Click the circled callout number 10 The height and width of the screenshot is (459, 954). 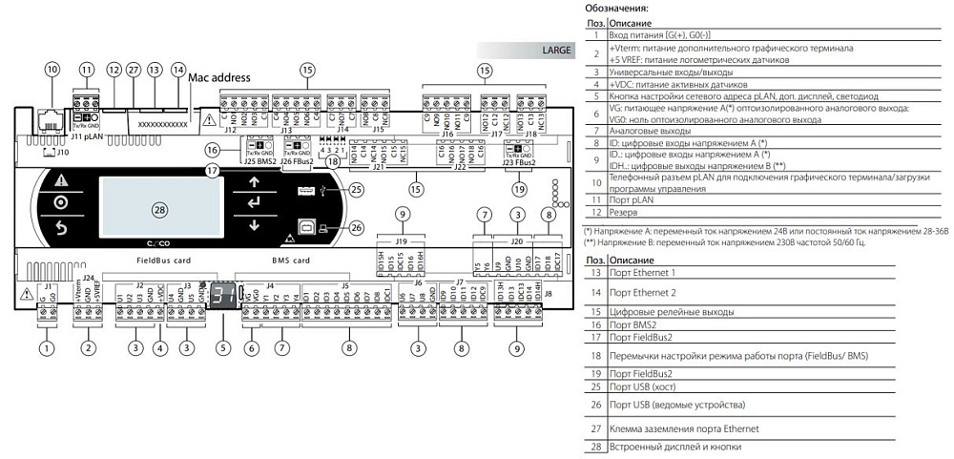[x=52, y=70]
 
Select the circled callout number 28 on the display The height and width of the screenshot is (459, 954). [x=158, y=209]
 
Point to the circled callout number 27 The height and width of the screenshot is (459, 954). [x=134, y=70]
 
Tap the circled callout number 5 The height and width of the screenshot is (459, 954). [x=223, y=348]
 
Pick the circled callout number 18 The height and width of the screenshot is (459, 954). [x=332, y=163]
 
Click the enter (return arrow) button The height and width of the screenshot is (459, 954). [x=254, y=202]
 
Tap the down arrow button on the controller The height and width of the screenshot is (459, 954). [x=254, y=226]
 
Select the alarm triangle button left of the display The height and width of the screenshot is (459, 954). [x=61, y=179]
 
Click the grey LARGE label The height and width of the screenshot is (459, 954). [x=556, y=50]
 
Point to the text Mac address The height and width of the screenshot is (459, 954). [x=219, y=77]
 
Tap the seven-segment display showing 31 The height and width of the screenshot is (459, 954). [x=223, y=295]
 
